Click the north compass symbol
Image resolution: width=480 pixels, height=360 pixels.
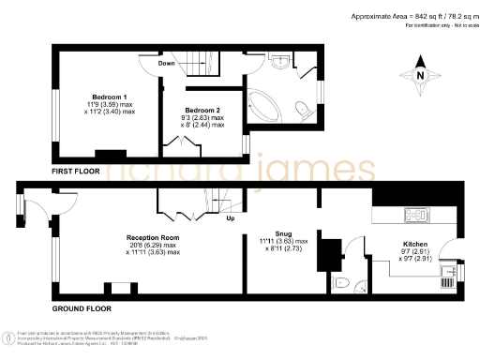pos(420,76)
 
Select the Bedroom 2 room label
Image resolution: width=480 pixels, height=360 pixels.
pos(202,110)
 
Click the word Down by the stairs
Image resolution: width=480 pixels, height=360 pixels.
pos(167,64)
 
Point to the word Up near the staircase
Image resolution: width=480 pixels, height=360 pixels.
pos(230,220)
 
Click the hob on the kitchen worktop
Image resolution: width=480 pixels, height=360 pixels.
pos(413,216)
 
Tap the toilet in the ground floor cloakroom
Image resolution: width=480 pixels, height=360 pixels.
pos(342,283)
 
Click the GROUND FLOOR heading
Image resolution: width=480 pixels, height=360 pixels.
pos(82,308)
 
